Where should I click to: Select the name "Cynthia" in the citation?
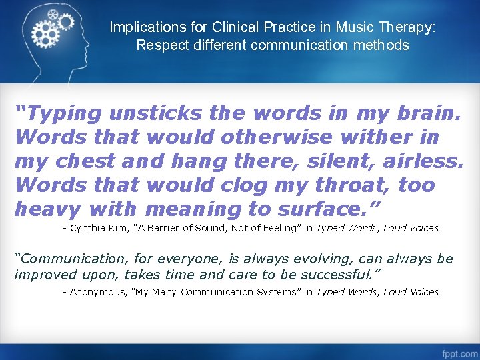click(88, 228)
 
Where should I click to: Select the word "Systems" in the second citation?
click(270, 292)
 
